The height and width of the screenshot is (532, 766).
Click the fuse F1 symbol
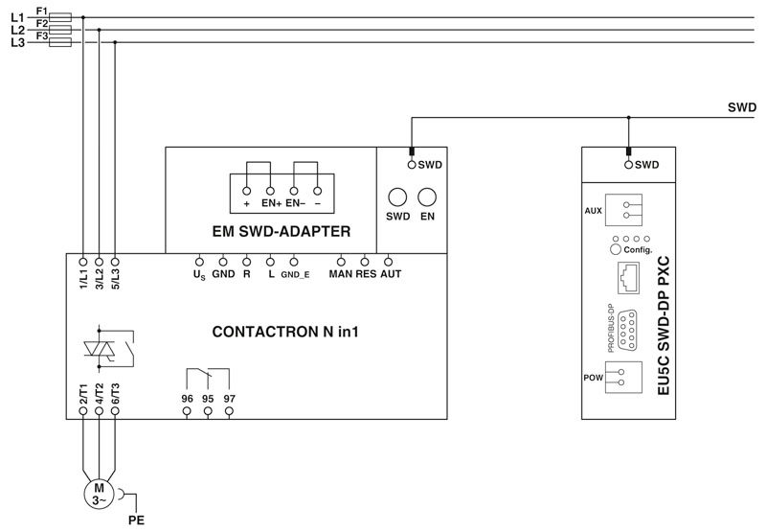(x=60, y=17)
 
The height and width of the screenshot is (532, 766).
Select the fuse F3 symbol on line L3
(x=60, y=42)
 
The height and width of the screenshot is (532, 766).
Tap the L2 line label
(x=17, y=31)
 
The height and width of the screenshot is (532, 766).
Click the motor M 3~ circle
(x=100, y=494)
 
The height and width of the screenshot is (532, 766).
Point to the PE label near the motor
(x=136, y=520)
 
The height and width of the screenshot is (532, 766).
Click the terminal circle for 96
(x=187, y=411)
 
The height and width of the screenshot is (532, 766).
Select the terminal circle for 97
(x=229, y=411)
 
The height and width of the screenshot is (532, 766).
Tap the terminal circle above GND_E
(x=294, y=262)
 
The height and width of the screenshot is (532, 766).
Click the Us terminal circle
(x=199, y=262)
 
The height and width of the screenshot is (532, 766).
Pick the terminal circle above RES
(x=365, y=262)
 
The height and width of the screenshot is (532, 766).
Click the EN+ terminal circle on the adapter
(x=270, y=191)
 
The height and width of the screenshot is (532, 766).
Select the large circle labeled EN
(x=427, y=197)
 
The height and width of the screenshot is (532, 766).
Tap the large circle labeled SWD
(x=397, y=197)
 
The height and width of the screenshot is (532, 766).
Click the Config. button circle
(x=616, y=249)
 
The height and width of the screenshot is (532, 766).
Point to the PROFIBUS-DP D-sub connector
(x=627, y=330)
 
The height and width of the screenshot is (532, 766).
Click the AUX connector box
(x=624, y=210)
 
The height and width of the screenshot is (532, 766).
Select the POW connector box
(x=624, y=377)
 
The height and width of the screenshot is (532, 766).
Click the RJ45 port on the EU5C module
(x=629, y=278)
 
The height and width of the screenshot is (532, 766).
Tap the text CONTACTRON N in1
(x=285, y=332)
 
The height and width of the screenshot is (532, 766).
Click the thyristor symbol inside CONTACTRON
(x=100, y=349)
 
